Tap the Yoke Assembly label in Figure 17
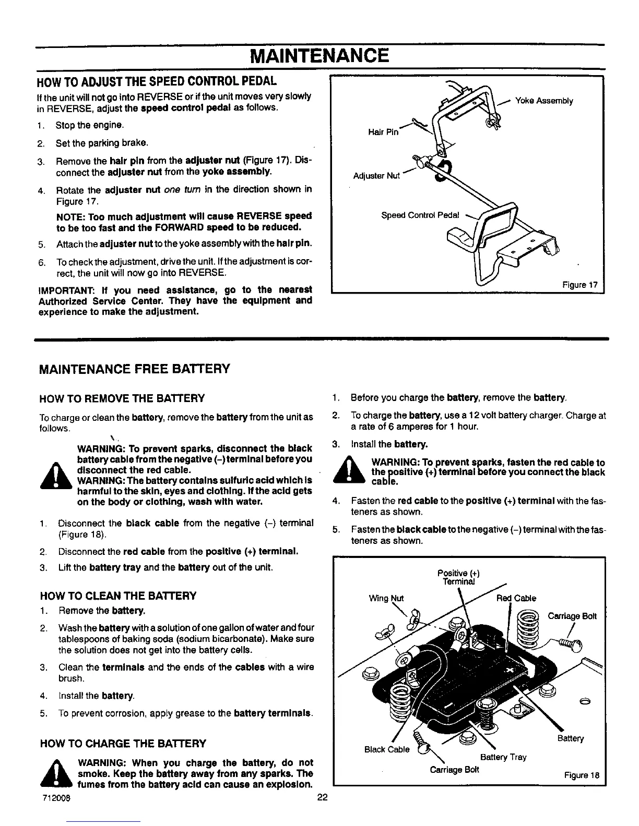tap(544, 101)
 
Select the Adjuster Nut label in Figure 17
tap(376, 176)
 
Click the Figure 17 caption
tap(579, 285)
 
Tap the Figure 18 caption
tap(581, 775)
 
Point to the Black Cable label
tap(387, 749)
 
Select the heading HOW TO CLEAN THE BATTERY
tap(118, 596)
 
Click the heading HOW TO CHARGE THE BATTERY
tap(123, 743)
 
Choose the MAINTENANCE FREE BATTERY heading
tap(134, 369)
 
